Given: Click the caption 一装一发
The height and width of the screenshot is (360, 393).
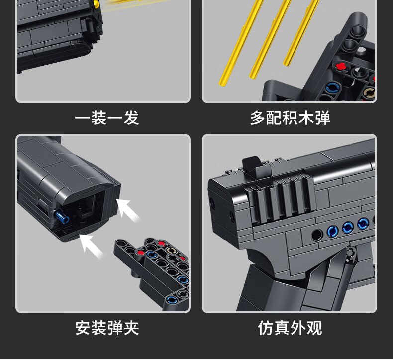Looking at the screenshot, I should pyautogui.click(x=106, y=118).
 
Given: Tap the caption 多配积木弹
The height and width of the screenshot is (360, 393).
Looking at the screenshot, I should pyautogui.click(x=290, y=118).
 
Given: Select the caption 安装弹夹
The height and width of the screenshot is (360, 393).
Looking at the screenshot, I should pyautogui.click(x=106, y=328).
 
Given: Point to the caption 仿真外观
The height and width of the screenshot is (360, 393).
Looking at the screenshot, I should pyautogui.click(x=290, y=328).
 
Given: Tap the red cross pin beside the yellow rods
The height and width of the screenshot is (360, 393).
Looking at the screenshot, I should pyautogui.click(x=341, y=66).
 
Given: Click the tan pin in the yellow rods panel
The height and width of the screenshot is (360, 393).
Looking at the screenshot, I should pyautogui.click(x=369, y=92).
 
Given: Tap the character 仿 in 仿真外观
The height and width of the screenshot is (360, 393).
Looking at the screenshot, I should pyautogui.click(x=266, y=328).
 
